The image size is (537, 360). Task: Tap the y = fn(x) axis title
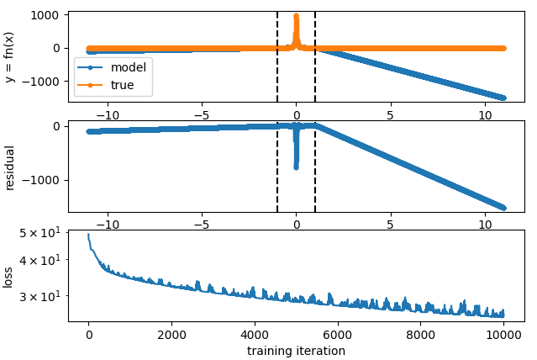(x=10, y=56)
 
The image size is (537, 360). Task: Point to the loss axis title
(x=10, y=277)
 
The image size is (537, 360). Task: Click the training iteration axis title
(x=296, y=351)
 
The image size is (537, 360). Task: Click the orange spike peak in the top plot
(x=296, y=15)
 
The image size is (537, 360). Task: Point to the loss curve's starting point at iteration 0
(x=88, y=236)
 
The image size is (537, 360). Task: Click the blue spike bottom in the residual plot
(x=296, y=167)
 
